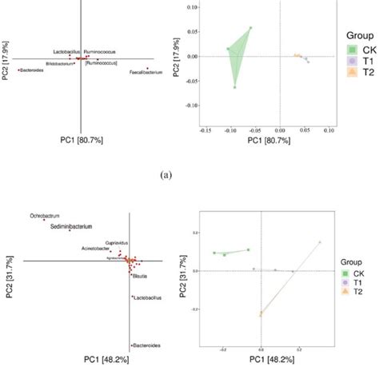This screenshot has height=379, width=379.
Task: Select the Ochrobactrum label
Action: click(46, 215)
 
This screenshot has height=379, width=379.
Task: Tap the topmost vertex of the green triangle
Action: click(250, 28)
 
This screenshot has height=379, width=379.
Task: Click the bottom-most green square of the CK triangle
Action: click(235, 86)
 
